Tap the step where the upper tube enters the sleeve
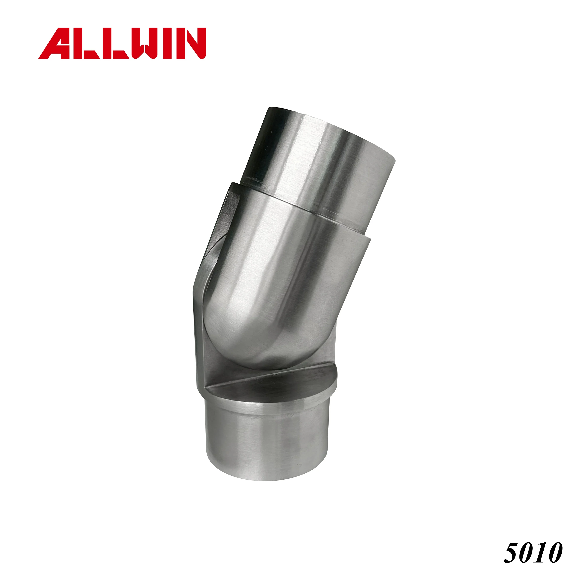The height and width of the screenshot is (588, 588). point(304,210)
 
